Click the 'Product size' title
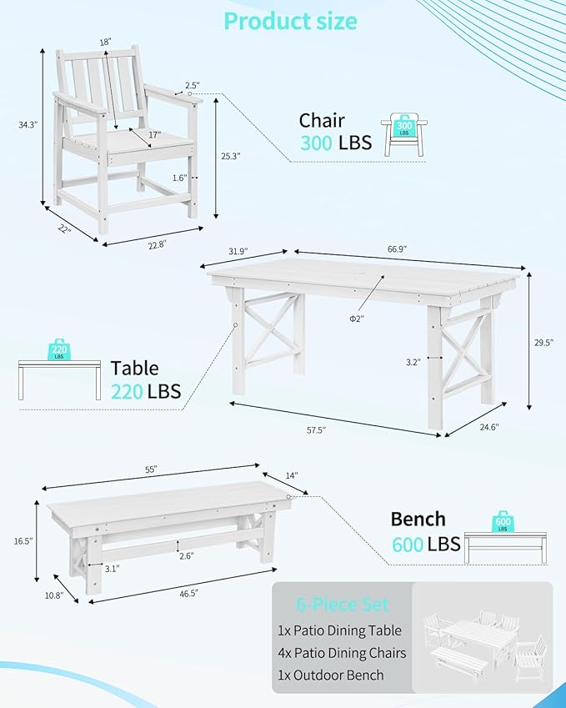291,21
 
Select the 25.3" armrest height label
231,155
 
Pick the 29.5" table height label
543,341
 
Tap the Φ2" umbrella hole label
357,318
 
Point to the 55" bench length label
151,469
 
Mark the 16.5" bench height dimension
23,541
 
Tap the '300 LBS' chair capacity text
336,143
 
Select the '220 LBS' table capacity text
146,390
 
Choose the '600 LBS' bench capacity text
425,544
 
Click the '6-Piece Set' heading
342,605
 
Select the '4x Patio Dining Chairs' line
343,653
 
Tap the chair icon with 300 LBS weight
405,134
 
